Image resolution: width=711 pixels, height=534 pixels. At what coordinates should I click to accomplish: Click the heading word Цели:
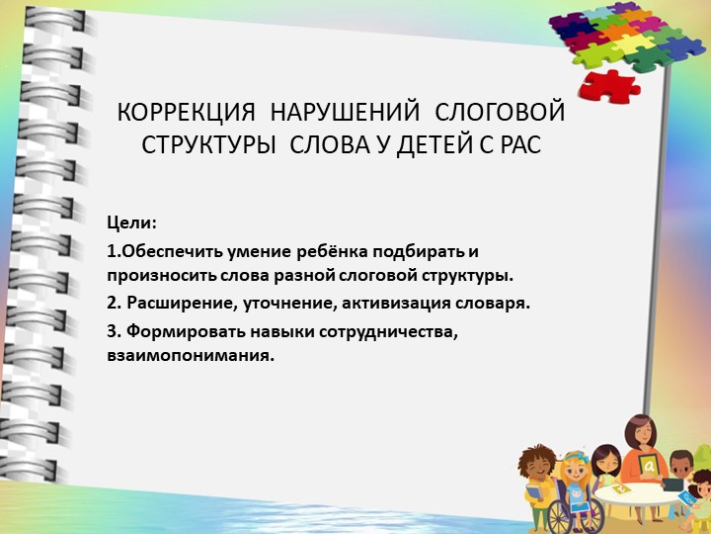132,221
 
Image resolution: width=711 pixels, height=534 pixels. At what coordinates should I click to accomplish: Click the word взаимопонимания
190,354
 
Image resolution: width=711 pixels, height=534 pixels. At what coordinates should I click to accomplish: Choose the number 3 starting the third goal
113,331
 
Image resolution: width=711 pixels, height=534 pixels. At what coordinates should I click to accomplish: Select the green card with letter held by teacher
648,465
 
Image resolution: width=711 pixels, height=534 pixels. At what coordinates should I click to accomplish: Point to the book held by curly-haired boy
534,493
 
